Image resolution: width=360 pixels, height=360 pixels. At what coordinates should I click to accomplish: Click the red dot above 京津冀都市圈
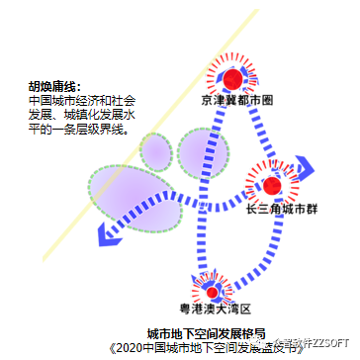[x=232, y=79]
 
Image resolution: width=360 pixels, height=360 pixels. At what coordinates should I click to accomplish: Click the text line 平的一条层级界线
[x=81, y=130]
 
